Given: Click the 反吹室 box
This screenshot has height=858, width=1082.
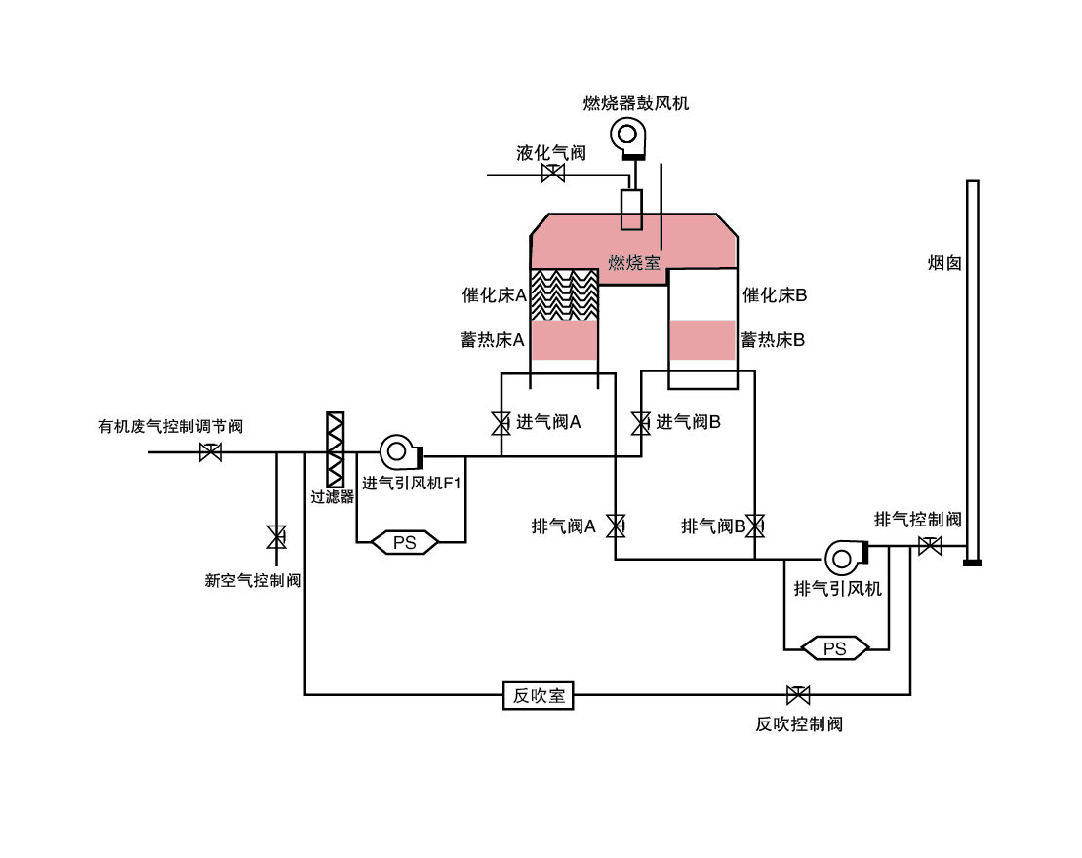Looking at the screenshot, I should pyautogui.click(x=539, y=695).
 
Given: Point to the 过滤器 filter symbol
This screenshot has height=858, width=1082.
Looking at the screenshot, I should pyautogui.click(x=335, y=450).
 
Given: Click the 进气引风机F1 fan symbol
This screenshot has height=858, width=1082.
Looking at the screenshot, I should pyautogui.click(x=399, y=451).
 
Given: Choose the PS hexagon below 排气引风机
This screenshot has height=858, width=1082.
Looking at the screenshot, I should pyautogui.click(x=835, y=648).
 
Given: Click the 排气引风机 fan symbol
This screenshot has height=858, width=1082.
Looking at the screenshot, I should pyautogui.click(x=844, y=557).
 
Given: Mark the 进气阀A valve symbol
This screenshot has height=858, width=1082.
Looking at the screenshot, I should pyautogui.click(x=501, y=423).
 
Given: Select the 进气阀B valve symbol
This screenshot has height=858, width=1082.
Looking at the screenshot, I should pyautogui.click(x=641, y=423).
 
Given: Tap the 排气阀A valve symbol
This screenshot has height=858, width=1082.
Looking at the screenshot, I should pyautogui.click(x=615, y=526).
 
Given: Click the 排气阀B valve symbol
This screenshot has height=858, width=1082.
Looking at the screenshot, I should pyautogui.click(x=755, y=526).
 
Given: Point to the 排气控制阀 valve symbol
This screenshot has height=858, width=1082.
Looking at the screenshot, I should pyautogui.click(x=930, y=546).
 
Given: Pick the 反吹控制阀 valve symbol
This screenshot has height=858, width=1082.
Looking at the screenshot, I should pyautogui.click(x=798, y=695).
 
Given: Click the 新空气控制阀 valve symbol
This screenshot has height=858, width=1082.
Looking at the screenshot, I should pyautogui.click(x=277, y=536).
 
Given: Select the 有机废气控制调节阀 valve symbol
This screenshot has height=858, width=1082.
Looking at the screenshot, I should pyautogui.click(x=210, y=452).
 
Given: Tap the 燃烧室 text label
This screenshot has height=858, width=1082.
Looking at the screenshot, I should pyautogui.click(x=634, y=263).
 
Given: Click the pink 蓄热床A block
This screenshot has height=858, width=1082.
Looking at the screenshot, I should pyautogui.click(x=563, y=339).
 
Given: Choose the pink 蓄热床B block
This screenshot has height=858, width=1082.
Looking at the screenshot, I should pyautogui.click(x=702, y=339).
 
